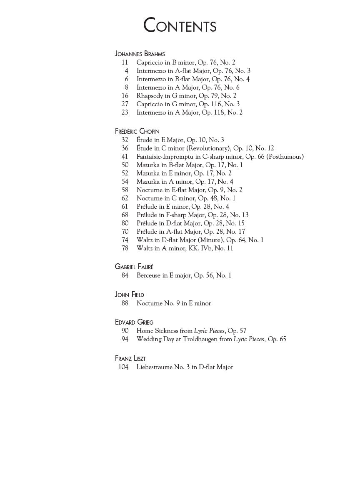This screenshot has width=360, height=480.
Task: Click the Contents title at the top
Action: point(180,25)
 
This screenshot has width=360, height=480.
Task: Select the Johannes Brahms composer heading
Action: point(140,54)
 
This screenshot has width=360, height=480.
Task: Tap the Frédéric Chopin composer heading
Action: point(137,131)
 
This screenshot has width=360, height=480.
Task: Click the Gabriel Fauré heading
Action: point(134,267)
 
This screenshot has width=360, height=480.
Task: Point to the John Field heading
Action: point(129,295)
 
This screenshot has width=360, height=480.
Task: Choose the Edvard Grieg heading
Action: point(134,322)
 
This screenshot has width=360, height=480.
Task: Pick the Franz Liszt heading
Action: point(130,358)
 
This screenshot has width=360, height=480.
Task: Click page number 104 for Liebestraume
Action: point(123,367)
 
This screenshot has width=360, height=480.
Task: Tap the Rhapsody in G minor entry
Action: point(186,96)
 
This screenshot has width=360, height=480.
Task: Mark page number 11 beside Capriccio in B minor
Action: point(125,62)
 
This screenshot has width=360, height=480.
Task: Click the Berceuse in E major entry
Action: point(184,275)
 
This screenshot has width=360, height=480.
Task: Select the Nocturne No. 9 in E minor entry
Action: point(174,303)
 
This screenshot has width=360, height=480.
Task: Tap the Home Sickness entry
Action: point(191,331)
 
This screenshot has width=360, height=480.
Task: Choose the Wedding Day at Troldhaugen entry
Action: point(211,339)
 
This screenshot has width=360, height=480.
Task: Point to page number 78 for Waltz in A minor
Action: point(125,248)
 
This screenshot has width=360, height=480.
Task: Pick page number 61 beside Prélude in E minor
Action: point(125,207)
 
